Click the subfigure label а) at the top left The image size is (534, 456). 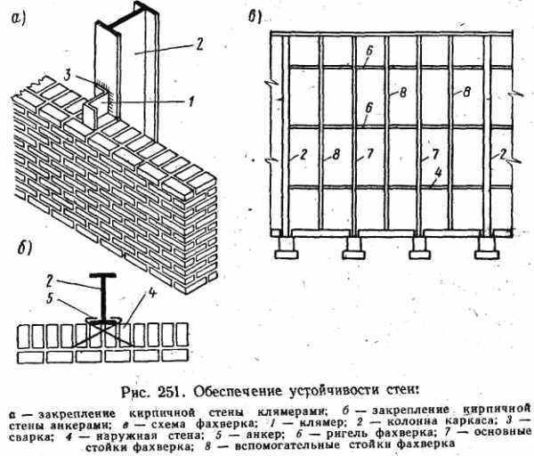pyautogui.click(x=16, y=14)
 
